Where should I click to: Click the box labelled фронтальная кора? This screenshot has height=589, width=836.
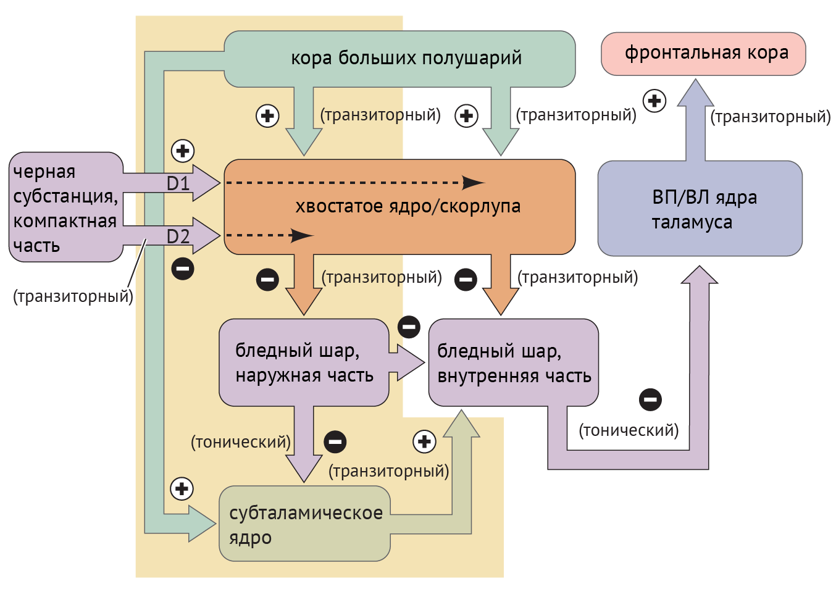click(x=703, y=54)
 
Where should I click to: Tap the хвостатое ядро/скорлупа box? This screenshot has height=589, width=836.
click(x=399, y=207)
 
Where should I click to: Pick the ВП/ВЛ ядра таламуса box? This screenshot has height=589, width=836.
click(x=700, y=209)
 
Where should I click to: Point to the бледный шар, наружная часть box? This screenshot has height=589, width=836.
click(x=304, y=362)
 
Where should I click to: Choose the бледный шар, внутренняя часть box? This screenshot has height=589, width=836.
click(x=513, y=363)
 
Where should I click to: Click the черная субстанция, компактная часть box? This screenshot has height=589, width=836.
click(x=65, y=207)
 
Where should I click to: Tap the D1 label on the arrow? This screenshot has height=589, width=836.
click(x=178, y=183)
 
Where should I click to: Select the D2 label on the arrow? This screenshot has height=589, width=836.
click(x=178, y=236)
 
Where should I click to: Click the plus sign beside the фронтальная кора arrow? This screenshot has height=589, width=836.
click(x=654, y=101)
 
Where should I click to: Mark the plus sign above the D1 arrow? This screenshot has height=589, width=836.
click(x=182, y=151)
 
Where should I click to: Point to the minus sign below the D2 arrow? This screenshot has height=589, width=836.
click(x=183, y=269)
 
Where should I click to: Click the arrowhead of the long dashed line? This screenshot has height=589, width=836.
click(x=473, y=183)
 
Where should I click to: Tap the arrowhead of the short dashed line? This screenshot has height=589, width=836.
click(x=302, y=235)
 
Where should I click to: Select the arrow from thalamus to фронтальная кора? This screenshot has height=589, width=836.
click(x=695, y=120)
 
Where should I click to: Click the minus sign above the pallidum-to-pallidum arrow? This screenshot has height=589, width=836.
click(x=409, y=327)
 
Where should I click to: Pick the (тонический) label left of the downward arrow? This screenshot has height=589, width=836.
click(x=241, y=442)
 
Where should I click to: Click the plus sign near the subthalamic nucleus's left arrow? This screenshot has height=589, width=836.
click(x=182, y=489)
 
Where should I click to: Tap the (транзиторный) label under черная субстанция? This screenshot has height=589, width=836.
click(x=73, y=296)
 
